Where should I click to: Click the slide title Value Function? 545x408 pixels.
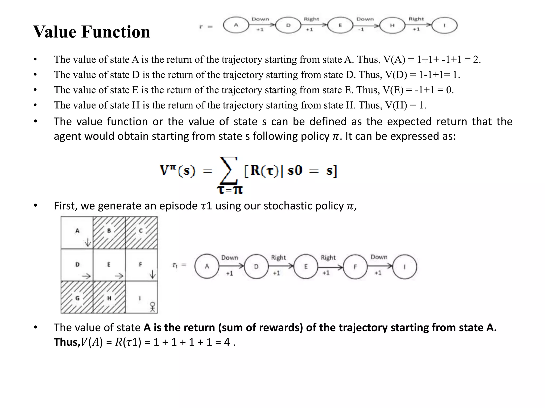[92, 32]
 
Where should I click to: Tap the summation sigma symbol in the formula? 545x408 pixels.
[228, 170]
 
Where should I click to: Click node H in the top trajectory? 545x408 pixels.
[392, 26]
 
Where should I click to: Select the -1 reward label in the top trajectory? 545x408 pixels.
[361, 29]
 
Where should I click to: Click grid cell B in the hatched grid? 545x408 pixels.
[109, 232]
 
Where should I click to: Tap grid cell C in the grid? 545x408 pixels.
[141, 232]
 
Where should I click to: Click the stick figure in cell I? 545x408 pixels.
[152, 307]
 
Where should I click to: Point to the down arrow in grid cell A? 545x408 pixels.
[88, 242]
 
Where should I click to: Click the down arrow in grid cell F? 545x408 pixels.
[152, 274]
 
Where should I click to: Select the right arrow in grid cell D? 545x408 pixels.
[86, 277]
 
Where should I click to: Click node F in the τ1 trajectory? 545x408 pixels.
[355, 267]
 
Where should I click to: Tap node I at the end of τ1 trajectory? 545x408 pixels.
[404, 267]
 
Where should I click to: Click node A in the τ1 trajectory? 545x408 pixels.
[207, 266]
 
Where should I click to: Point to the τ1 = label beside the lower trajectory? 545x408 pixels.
[180, 265]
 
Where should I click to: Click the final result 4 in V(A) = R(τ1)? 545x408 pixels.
[227, 342]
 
